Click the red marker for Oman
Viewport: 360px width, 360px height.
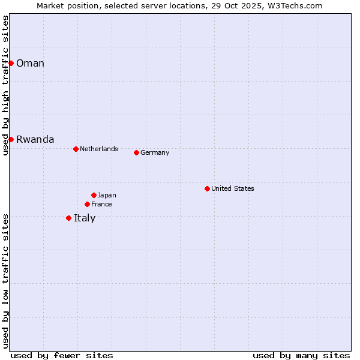point(11,63)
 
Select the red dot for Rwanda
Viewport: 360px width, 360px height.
point(11,139)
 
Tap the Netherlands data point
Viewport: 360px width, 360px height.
point(76,149)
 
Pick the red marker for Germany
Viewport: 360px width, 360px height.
point(136,152)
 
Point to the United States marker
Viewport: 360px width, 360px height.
point(207,188)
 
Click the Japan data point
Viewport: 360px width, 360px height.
point(94,195)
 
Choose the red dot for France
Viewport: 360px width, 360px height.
point(87,204)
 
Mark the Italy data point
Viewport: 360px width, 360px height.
point(68,218)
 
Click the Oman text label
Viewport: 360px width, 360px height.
point(30,64)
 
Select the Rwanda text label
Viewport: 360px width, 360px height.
point(35,140)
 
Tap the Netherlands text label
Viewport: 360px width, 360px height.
point(98,149)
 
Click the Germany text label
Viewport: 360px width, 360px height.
point(155,152)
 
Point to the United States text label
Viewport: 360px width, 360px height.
point(232,188)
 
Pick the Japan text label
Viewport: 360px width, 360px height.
point(107,195)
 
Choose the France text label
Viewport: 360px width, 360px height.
point(101,204)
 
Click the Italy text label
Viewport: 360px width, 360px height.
point(85,218)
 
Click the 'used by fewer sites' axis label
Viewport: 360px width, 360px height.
point(62,355)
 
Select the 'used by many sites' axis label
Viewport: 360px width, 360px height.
point(301,355)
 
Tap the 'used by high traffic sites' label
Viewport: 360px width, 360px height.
point(5,85)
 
